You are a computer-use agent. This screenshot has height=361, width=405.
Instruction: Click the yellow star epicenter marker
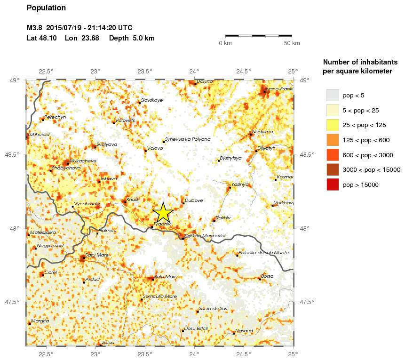point(163,213)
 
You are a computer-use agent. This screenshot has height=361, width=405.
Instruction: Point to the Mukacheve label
point(83,160)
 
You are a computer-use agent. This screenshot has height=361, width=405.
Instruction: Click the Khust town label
point(133,200)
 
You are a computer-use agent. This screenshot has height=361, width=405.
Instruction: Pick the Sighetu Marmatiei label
point(206,235)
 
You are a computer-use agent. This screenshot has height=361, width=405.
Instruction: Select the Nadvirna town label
point(262,132)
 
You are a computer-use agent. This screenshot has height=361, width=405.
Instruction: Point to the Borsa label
point(267,276)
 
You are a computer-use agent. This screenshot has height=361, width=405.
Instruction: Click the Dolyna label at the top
point(205,81)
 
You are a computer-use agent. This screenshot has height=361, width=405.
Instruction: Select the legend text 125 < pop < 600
point(365,140)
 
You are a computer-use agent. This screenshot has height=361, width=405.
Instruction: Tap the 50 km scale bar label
point(292,44)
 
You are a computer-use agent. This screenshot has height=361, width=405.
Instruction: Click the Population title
point(46,8)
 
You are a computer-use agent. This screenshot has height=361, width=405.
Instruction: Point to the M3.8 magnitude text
point(35,28)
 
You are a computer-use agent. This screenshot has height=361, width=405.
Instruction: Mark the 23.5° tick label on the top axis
point(145,72)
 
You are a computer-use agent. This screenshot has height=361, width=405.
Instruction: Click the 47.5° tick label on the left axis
point(14,302)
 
